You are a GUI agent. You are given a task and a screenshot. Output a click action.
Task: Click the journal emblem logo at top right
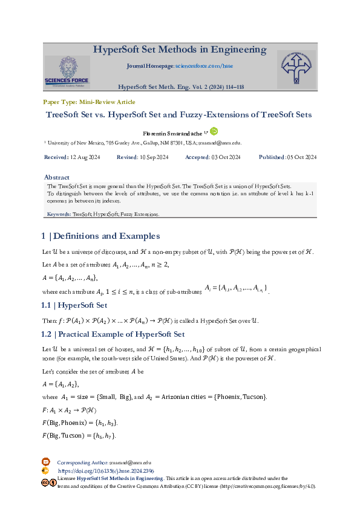pos(296,68)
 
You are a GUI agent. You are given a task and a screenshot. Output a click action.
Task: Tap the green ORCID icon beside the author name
pos(214,131)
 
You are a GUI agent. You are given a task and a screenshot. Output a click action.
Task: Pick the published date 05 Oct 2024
pos(302,157)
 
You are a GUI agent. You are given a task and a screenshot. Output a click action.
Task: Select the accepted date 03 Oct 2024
pos(226,157)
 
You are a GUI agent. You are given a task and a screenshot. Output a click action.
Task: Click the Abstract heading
pos(57,177)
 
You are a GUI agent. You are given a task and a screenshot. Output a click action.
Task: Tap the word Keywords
pos(59,215)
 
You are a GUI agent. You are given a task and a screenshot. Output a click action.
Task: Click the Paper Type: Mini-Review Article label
pos(89,102)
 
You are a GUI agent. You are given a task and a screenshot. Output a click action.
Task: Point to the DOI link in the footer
pos(106,470)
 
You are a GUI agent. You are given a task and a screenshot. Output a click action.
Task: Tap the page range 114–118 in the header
pos(234,87)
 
